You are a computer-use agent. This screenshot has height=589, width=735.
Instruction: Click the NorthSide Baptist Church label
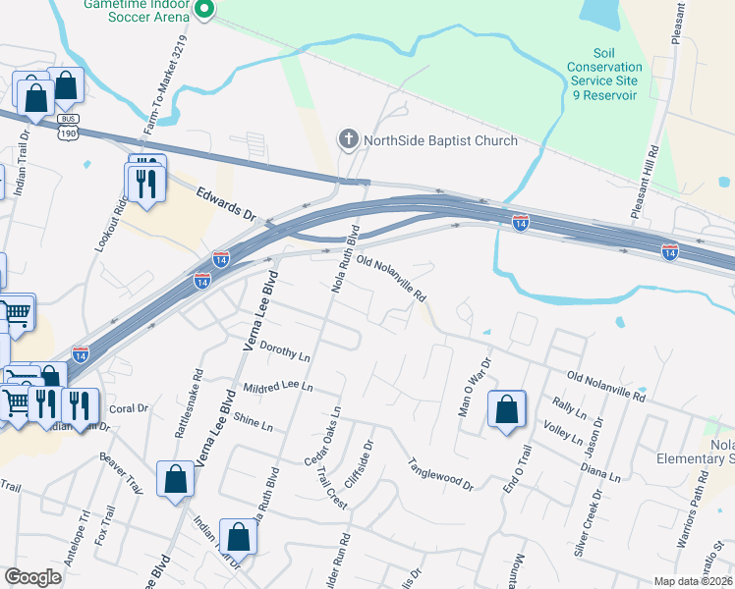(440, 140)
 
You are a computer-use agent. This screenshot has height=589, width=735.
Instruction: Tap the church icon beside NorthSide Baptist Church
(348, 140)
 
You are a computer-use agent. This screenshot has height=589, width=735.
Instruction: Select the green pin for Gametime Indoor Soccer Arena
(204, 10)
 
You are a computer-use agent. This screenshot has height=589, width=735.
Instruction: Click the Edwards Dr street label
(225, 205)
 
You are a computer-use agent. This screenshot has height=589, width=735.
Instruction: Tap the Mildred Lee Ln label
(277, 388)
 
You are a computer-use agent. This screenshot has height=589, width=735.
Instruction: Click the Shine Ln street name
(253, 422)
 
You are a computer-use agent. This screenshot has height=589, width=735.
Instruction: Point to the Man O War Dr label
(474, 389)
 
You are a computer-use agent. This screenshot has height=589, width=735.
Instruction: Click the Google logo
(33, 576)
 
